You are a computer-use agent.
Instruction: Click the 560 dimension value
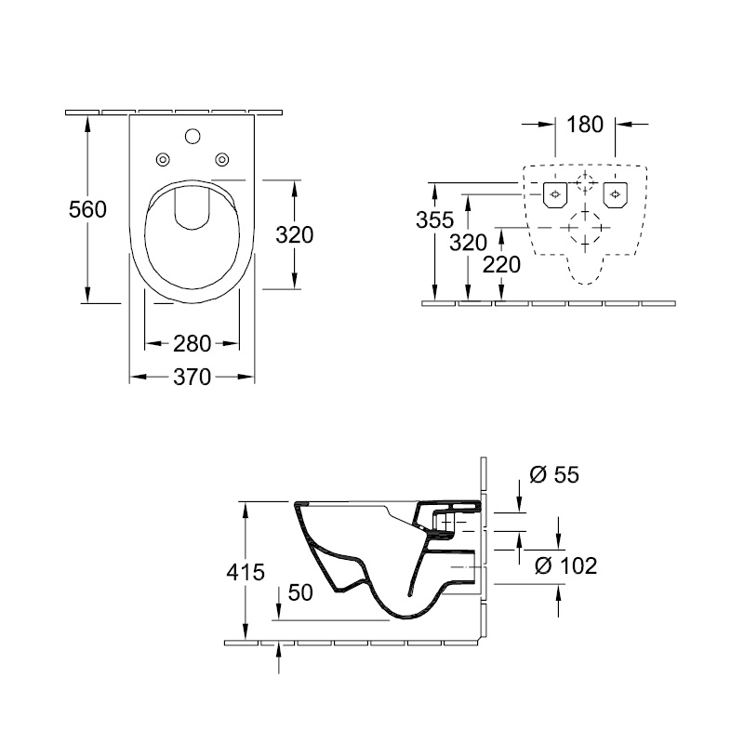pos(87,209)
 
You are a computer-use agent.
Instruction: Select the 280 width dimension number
pos(192,343)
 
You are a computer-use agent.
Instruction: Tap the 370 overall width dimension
pos(192,378)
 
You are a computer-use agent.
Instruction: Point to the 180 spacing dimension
pos(585,125)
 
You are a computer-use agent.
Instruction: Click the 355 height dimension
pos(434,219)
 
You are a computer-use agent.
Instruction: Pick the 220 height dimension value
pos(501,264)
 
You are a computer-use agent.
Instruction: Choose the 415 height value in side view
pos(246,572)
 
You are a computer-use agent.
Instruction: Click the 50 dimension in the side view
pos(300,592)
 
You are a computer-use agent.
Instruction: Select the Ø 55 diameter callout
pos(554,474)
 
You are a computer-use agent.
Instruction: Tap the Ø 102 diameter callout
pos(566,565)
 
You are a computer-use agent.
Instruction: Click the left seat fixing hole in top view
pos(163,159)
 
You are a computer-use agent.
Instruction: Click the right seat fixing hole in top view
pos(221,159)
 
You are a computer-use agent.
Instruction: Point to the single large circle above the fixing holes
pos(193,137)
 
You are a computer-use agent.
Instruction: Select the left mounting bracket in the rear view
pos(554,194)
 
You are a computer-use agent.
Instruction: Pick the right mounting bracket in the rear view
pos(616,194)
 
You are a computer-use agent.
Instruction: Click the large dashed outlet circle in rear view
pos(585,228)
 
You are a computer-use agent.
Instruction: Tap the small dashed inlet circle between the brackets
pos(585,182)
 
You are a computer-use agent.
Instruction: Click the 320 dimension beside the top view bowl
pos(295,235)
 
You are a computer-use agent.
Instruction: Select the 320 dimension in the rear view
pos(469,243)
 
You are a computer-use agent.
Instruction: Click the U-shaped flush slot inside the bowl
pos(193,207)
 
